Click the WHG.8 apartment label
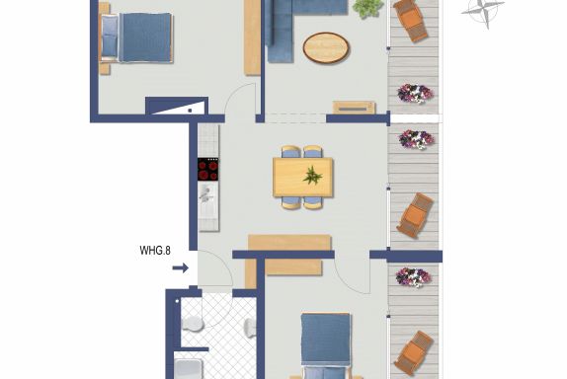click(155, 251)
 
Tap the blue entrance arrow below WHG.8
click(181, 267)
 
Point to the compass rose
click(483, 10)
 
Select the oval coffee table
click(326, 47)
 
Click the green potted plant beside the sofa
click(367, 8)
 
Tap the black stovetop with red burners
click(207, 169)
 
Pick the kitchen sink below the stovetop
click(207, 193)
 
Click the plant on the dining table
click(312, 176)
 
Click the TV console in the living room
click(354, 108)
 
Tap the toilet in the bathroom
click(192, 324)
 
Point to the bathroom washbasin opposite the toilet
click(250, 328)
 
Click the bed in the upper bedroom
click(136, 38)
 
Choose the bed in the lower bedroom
click(326, 346)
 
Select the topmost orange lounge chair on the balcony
click(411, 20)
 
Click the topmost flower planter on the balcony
click(415, 94)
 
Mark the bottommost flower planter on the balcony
click(413, 277)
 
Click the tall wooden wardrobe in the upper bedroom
click(253, 38)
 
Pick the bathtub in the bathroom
click(188, 369)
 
